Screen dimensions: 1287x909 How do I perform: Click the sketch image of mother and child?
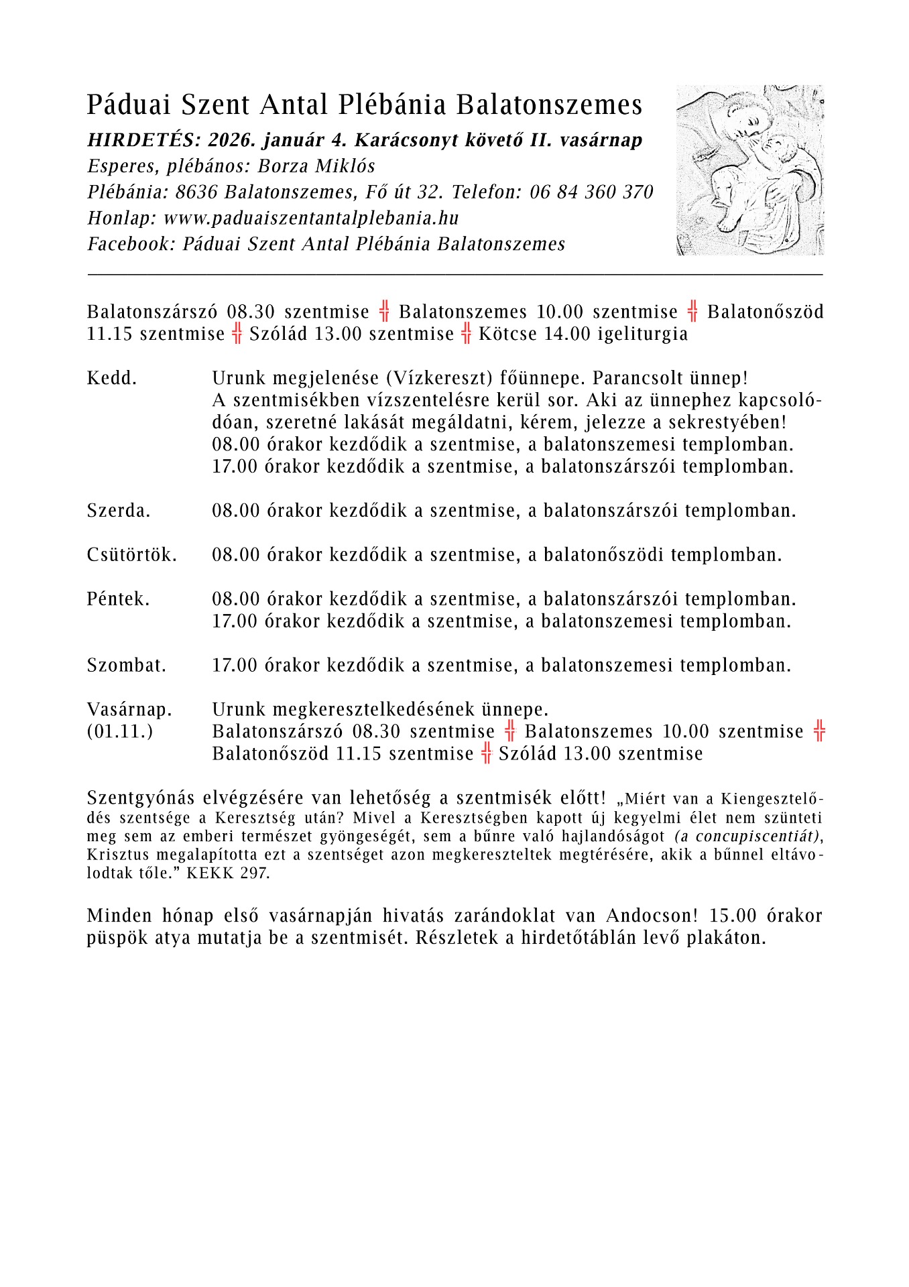(749, 170)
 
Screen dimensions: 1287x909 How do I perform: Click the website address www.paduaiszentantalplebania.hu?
(311, 219)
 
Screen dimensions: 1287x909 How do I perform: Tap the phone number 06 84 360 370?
(591, 193)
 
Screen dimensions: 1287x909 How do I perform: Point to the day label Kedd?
(111, 378)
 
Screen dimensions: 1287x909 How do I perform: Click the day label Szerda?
(119, 511)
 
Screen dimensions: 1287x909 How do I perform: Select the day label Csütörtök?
(132, 555)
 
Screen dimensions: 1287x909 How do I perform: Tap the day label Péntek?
(118, 599)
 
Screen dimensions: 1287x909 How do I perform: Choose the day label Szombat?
(127, 666)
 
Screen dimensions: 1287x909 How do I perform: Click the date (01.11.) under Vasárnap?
(120, 731)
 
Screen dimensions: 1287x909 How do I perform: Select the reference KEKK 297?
(228, 874)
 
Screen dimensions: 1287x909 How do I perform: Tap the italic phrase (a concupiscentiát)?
(747, 837)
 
